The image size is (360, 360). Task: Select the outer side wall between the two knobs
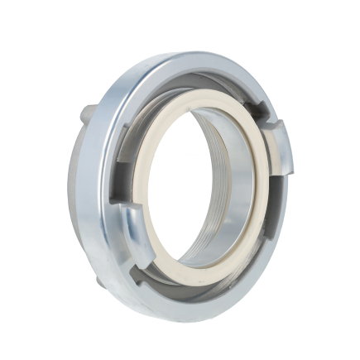(79, 199)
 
